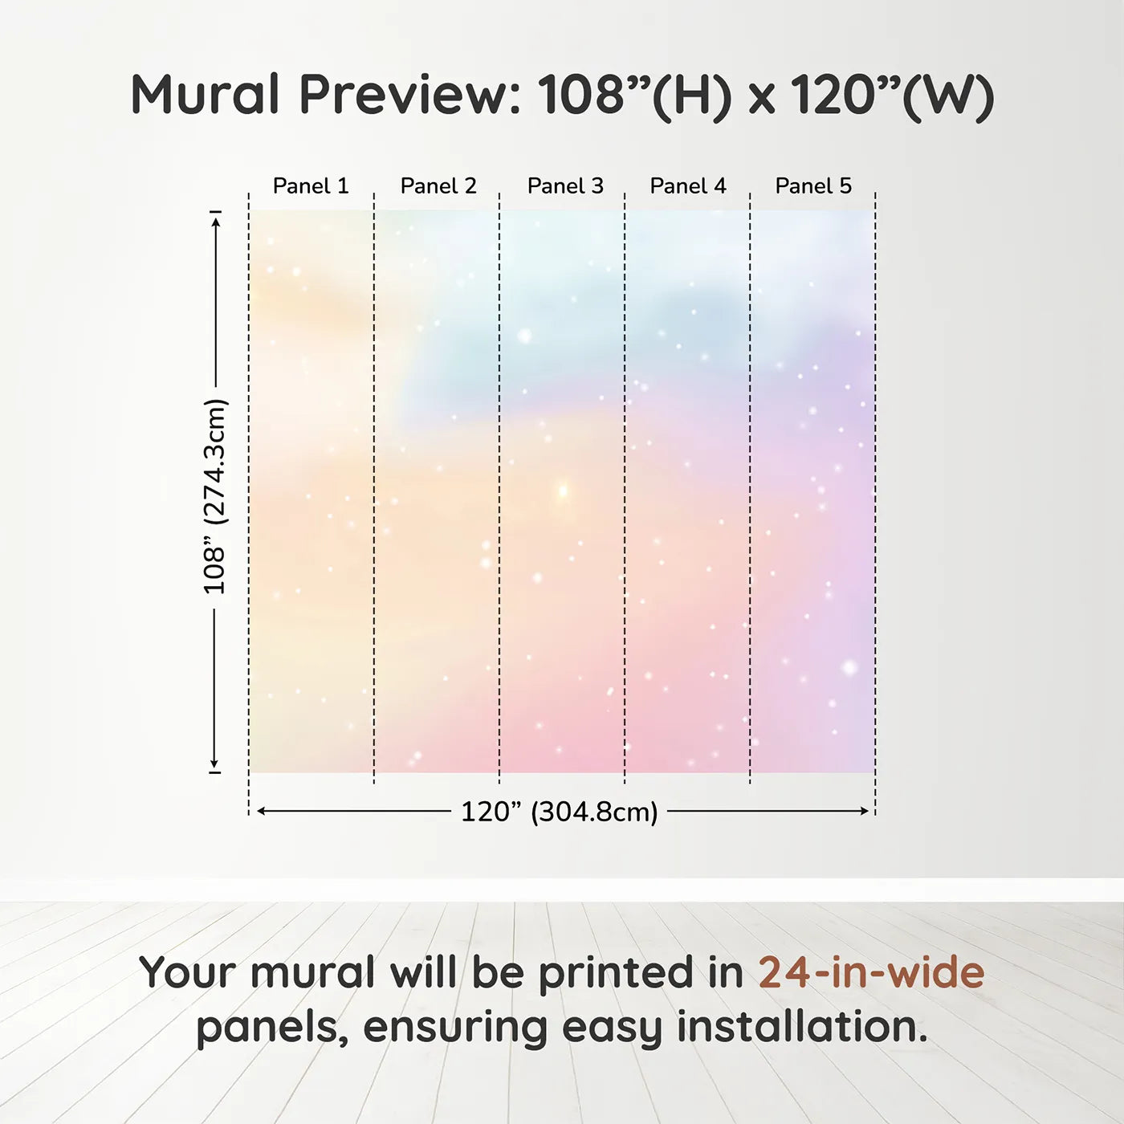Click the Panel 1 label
[x=311, y=186]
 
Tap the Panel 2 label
[x=438, y=186]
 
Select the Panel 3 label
[x=565, y=186]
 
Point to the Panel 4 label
[x=688, y=186]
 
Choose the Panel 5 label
[x=813, y=186]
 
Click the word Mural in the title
[x=206, y=95]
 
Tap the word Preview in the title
[x=409, y=95]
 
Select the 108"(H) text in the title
[x=634, y=96]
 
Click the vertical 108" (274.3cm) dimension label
[x=214, y=496]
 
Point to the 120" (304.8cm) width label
[x=560, y=812]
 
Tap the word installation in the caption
[x=803, y=1026]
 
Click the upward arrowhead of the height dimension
[x=216, y=222]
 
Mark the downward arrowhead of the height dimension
[x=214, y=763]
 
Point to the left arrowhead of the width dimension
[x=263, y=811]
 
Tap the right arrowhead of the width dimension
[x=863, y=811]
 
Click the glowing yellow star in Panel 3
[x=563, y=491]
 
